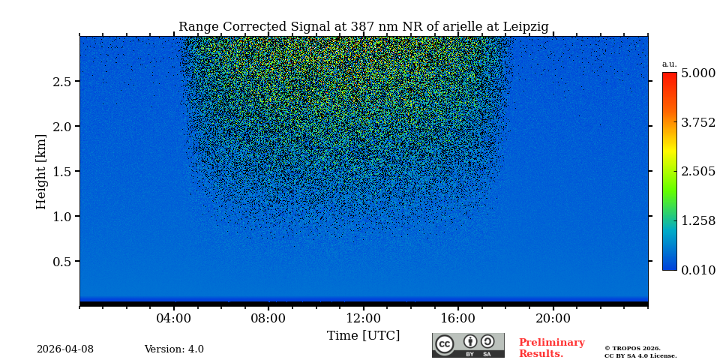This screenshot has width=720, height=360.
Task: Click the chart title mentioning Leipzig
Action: (x=363, y=27)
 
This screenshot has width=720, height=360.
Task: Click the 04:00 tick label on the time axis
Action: (x=174, y=318)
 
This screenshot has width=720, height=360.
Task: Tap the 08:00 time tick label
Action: (x=268, y=318)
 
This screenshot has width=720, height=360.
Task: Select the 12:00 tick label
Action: (x=363, y=318)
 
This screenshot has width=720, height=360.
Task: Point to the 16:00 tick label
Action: (x=457, y=318)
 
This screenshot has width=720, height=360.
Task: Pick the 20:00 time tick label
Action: (x=553, y=318)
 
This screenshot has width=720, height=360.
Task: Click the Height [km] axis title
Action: (x=41, y=171)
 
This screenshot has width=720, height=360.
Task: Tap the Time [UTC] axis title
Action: (x=363, y=336)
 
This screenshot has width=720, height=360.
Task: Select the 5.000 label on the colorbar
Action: (x=697, y=73)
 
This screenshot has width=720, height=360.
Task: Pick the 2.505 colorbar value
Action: (x=697, y=172)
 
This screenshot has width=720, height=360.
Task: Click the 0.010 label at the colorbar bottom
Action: (x=697, y=270)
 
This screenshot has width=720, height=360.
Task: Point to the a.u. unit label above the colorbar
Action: (x=669, y=64)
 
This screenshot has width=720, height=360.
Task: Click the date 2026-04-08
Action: (x=65, y=349)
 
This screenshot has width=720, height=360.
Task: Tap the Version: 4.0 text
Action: (x=174, y=349)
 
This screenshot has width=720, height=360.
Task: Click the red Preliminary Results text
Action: (x=551, y=348)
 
